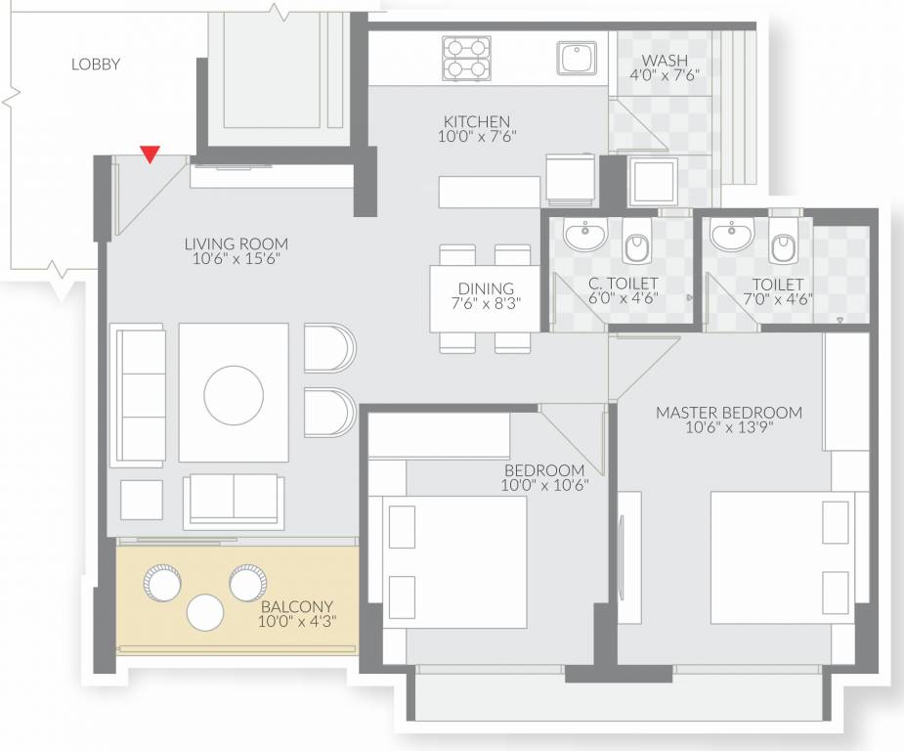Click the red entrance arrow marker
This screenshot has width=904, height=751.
[149, 154]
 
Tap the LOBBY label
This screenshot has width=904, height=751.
[96, 65]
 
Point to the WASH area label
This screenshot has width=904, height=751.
[665, 59]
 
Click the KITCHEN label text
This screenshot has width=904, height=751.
[476, 122]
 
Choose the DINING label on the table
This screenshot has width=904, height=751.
[486, 288]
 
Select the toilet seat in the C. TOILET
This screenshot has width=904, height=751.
[636, 245]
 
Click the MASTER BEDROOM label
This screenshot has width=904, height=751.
[728, 413]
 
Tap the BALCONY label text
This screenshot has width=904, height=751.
[296, 605]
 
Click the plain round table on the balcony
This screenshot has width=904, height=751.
[206, 612]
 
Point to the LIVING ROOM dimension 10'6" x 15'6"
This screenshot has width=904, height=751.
[237, 259]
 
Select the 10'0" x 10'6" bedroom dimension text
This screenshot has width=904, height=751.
[544, 485]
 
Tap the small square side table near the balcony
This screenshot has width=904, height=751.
[142, 499]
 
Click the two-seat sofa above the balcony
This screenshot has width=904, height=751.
[234, 498]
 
